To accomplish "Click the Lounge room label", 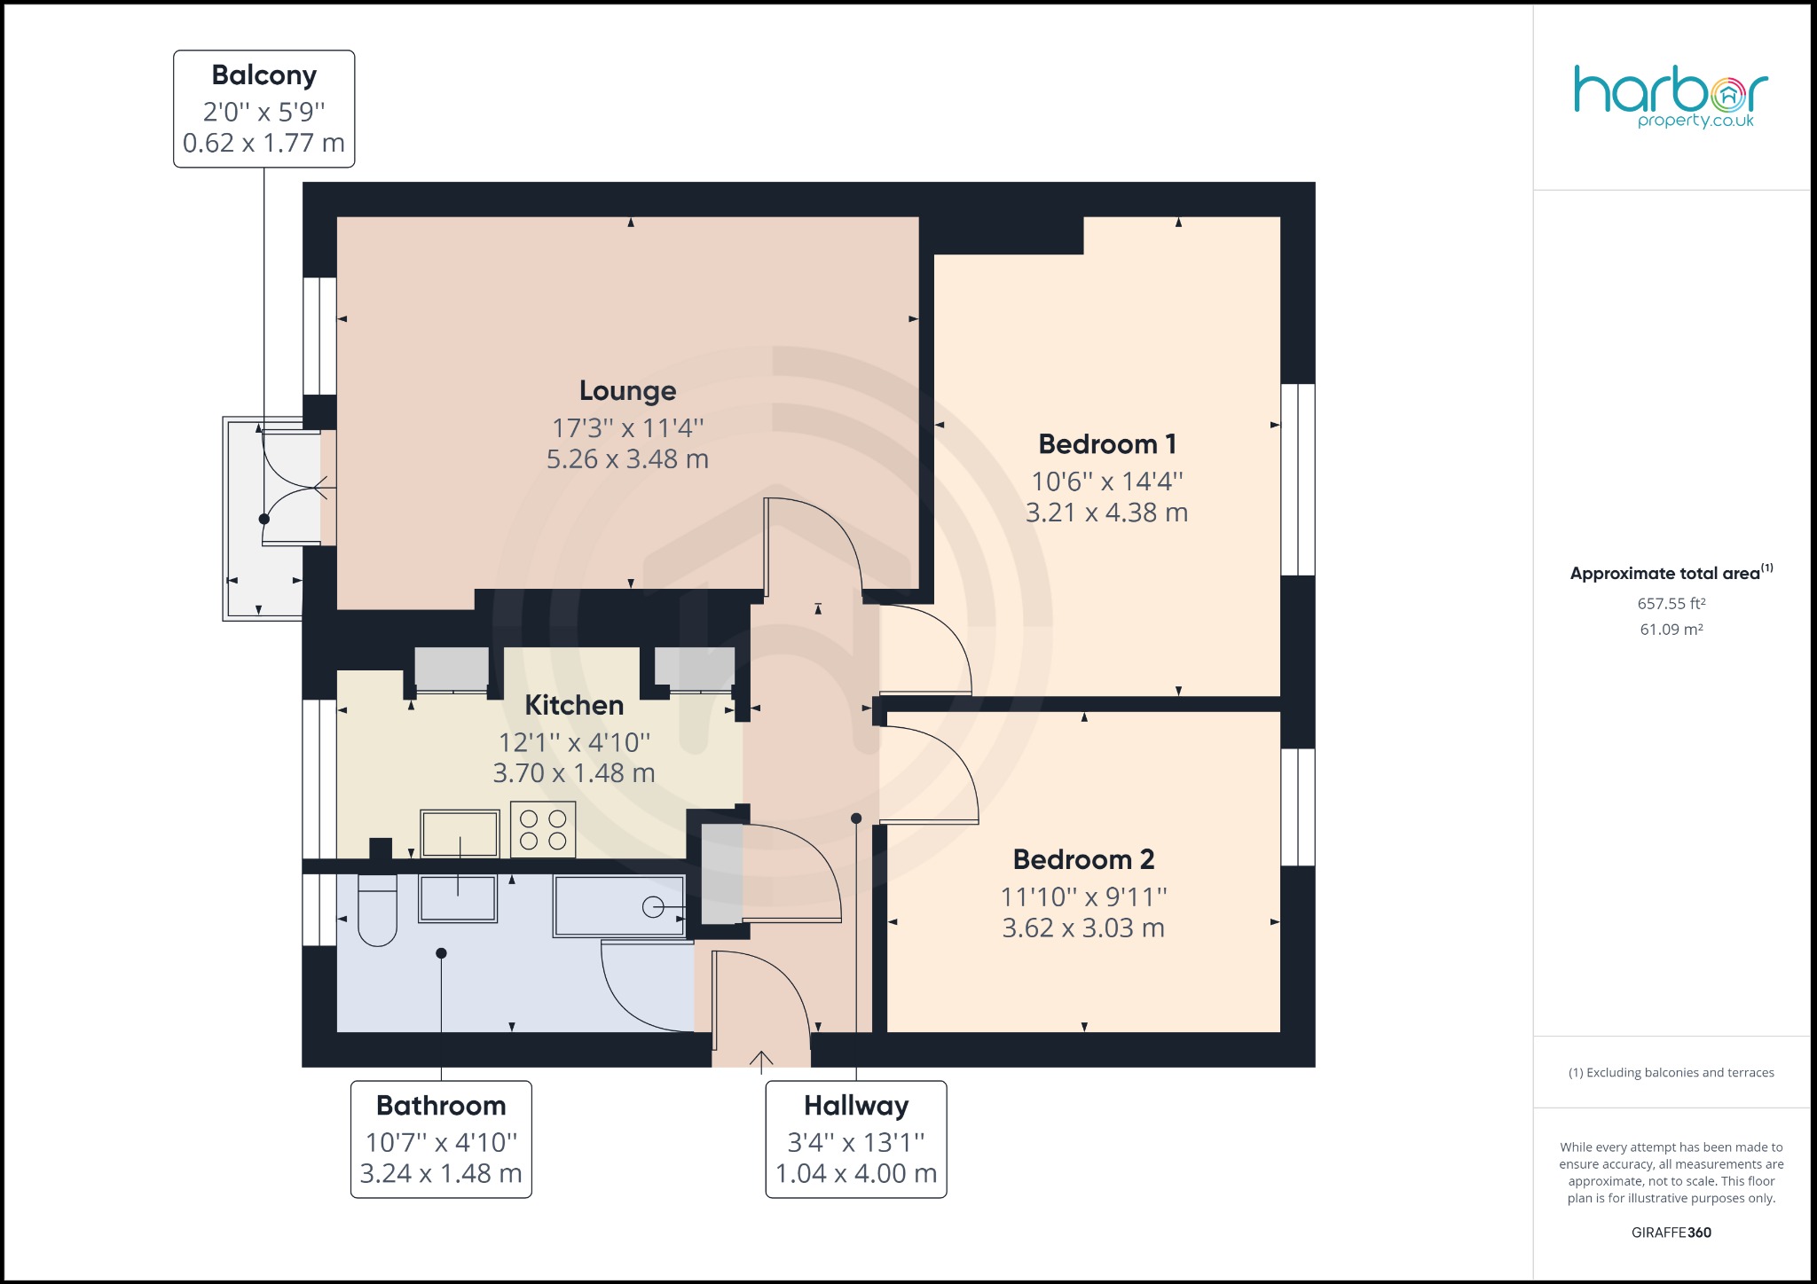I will [x=627, y=391].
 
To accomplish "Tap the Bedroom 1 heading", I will [x=1106, y=444].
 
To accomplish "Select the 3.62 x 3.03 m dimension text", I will [x=1082, y=928].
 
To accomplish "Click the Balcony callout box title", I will [x=264, y=75].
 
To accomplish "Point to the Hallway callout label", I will [x=856, y=1106].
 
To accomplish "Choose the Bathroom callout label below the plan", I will [x=441, y=1106].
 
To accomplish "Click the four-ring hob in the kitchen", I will [x=543, y=830].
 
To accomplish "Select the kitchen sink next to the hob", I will [x=460, y=834].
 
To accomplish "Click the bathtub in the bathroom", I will [x=619, y=906].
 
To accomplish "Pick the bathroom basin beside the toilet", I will [x=458, y=899].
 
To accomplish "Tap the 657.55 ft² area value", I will [x=1671, y=604].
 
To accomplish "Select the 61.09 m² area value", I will [x=1671, y=630].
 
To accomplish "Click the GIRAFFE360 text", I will [x=1671, y=1233].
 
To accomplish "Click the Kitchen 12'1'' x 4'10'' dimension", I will [x=574, y=742].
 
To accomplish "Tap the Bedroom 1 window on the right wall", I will [x=1298, y=480].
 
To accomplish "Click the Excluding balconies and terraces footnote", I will [x=1671, y=1073].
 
